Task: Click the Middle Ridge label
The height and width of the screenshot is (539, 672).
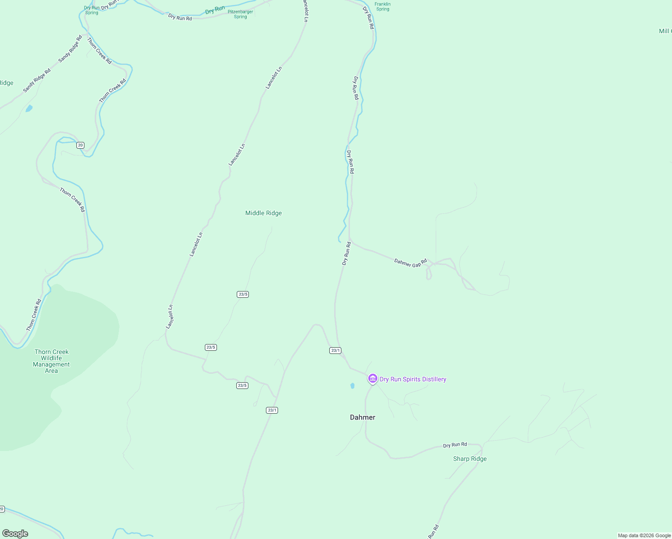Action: click(263, 213)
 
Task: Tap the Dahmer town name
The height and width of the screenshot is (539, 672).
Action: click(363, 417)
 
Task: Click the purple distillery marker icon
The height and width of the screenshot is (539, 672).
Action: click(373, 379)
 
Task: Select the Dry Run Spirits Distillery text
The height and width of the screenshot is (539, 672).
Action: click(413, 379)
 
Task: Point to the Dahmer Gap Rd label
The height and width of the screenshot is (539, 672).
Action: click(410, 263)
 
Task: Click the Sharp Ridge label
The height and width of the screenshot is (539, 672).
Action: click(470, 459)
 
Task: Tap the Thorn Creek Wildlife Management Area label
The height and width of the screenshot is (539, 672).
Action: click(52, 361)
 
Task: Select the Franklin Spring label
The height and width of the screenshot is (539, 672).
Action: click(383, 6)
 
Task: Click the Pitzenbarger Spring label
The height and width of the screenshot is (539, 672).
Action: click(240, 14)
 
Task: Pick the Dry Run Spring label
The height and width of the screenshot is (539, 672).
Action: click(92, 10)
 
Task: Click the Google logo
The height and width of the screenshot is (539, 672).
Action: click(15, 534)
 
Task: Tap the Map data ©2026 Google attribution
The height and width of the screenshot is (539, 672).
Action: click(644, 535)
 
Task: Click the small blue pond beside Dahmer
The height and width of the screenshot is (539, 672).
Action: click(352, 385)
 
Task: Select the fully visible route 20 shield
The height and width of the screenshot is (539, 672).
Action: click(80, 145)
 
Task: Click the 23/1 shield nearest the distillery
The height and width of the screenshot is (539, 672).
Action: click(335, 350)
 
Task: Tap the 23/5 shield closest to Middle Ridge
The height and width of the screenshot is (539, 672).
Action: click(243, 294)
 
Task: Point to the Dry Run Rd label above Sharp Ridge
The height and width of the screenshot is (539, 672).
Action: click(455, 445)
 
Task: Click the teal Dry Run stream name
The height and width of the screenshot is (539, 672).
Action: click(215, 9)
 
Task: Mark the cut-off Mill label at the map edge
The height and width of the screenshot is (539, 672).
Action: click(665, 31)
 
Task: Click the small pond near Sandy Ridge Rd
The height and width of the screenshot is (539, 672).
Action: click(29, 108)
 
